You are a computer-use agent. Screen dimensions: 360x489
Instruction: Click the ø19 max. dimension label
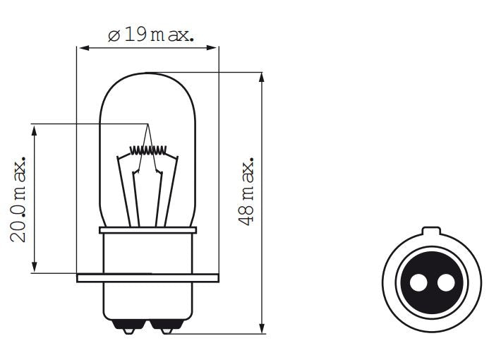(x=150, y=35)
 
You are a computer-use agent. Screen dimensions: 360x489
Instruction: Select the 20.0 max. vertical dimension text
(x=21, y=199)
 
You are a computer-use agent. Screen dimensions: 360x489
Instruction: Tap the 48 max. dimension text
(x=247, y=191)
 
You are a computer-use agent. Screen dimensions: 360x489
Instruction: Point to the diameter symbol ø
(x=114, y=35)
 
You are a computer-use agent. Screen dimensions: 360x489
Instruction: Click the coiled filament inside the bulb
(x=147, y=150)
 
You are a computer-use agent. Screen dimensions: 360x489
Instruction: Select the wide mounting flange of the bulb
(x=147, y=277)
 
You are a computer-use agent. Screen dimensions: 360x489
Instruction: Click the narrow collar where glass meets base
(x=147, y=230)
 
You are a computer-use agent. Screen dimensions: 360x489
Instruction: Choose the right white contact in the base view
(x=445, y=283)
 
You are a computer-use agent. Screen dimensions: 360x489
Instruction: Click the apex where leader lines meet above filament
(x=148, y=125)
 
